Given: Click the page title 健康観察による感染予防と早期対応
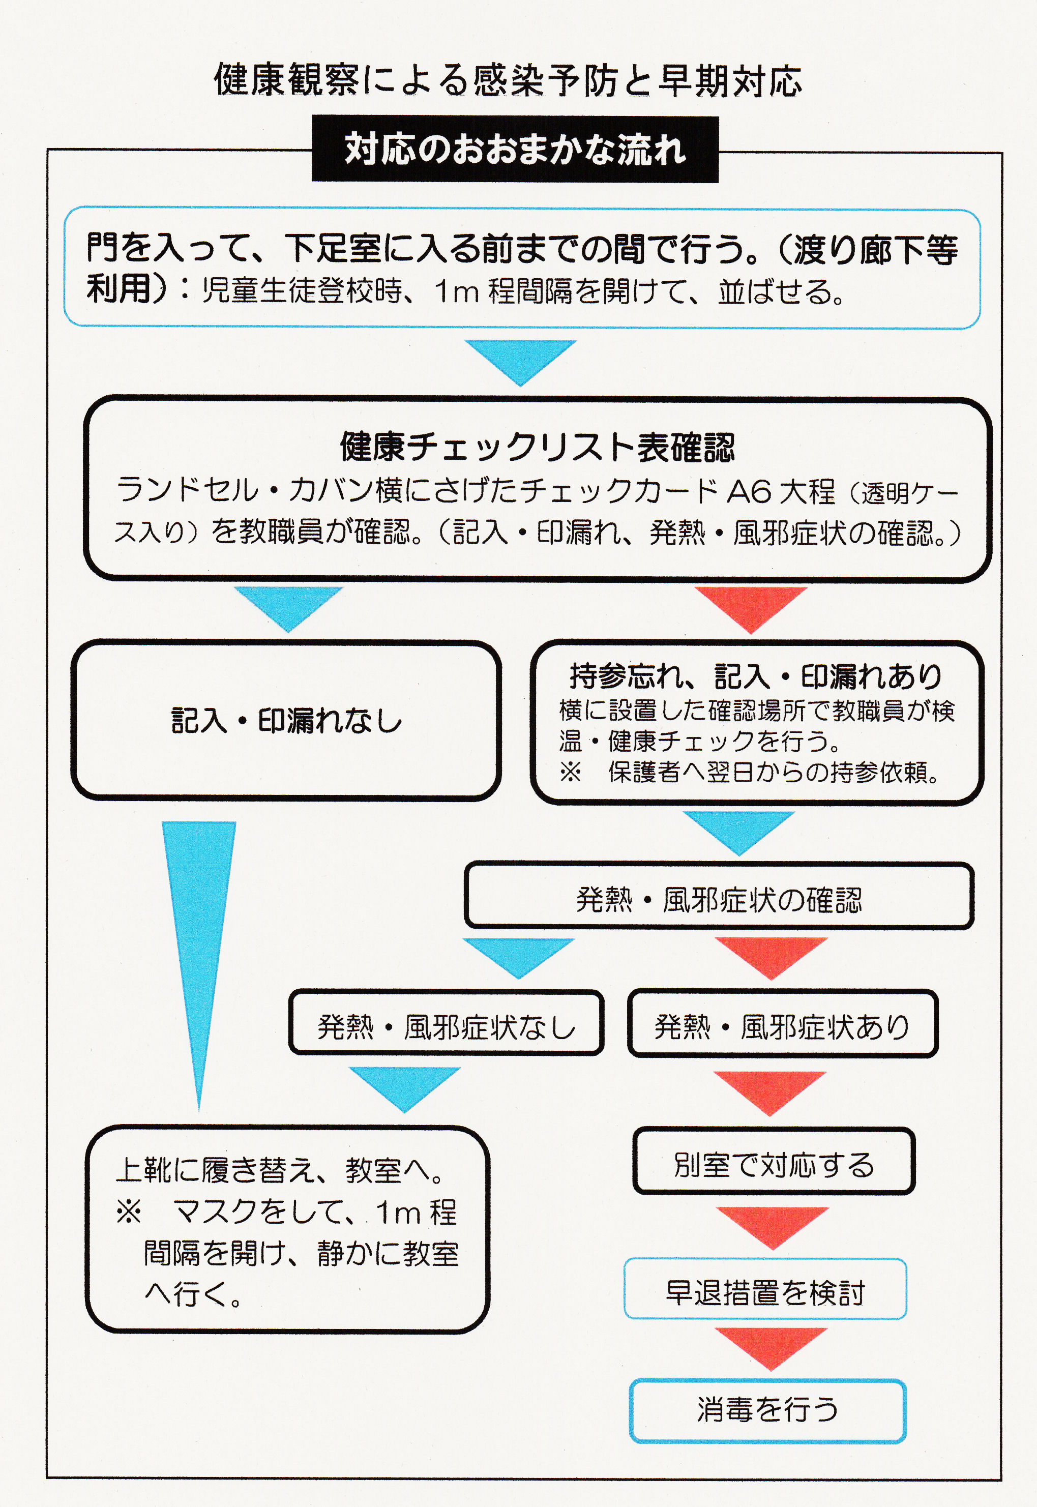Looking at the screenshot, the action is pyautogui.click(x=508, y=80).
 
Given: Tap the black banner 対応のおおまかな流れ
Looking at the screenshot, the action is pyautogui.click(x=515, y=149).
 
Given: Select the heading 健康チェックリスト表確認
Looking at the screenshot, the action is pyautogui.click(x=538, y=447).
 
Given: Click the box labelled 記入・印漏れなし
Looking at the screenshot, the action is pyautogui.click(x=286, y=720).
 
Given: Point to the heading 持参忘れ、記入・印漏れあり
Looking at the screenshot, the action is pyautogui.click(x=756, y=676).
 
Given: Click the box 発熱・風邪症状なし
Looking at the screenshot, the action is pyautogui.click(x=447, y=1023).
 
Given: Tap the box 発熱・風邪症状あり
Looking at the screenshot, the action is pyautogui.click(x=782, y=1023).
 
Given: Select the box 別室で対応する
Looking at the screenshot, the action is pyautogui.click(x=774, y=1161).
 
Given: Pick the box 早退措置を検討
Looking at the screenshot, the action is pyautogui.click(x=765, y=1289).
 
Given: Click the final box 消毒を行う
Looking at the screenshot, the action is pyautogui.click(x=767, y=1411).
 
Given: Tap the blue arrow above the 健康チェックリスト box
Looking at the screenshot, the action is pyautogui.click(x=520, y=361).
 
